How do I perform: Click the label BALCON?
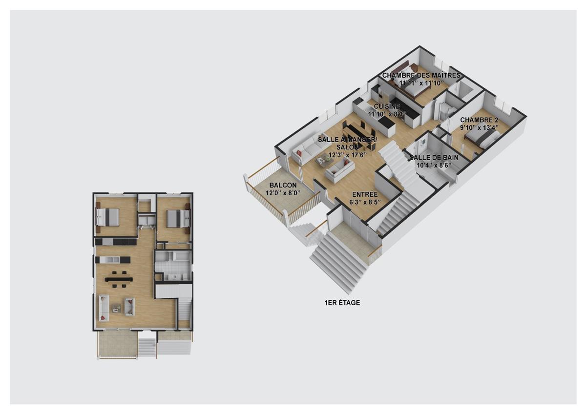[283, 186]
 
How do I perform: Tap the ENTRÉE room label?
[362, 194]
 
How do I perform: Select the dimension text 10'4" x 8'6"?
[434, 165]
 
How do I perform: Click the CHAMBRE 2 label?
[479, 120]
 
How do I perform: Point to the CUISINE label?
[387, 106]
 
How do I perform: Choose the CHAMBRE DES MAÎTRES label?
[421, 76]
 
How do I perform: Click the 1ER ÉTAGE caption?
[342, 303]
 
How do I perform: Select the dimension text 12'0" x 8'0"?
[283, 193]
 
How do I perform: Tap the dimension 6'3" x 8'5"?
[362, 202]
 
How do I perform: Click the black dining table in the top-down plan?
[119, 279]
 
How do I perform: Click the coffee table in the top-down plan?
[116, 308]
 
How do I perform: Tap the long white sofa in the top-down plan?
[103, 308]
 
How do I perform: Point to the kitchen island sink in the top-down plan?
[111, 260]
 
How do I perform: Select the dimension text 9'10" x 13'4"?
[479, 128]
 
